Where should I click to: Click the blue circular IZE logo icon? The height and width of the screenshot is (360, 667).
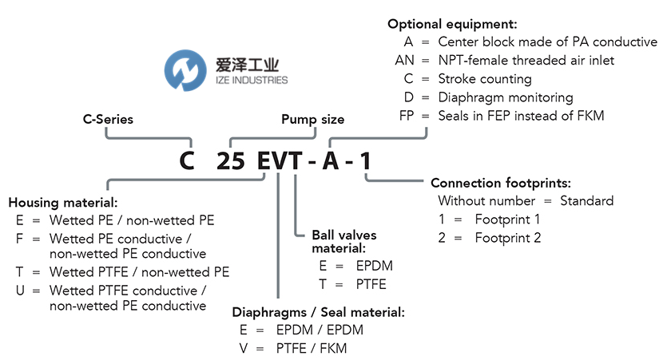[185, 69]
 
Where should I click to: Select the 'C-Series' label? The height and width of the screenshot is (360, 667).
[108, 120]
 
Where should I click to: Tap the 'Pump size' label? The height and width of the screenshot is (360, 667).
[312, 120]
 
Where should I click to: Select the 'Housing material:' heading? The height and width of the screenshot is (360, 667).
[63, 202]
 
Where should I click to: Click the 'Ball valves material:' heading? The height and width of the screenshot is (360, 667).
[343, 242]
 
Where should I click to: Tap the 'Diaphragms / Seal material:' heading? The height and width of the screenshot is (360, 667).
[318, 311]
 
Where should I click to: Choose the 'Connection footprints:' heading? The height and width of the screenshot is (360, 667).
[500, 183]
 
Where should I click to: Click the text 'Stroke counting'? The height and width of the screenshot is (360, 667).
[485, 79]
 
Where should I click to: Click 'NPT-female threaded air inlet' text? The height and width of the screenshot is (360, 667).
[526, 60]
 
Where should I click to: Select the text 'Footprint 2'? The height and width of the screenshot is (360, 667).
[507, 237]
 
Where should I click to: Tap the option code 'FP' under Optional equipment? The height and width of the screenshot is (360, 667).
[407, 117]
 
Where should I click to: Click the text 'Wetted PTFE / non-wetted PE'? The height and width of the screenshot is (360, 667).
[139, 272]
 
